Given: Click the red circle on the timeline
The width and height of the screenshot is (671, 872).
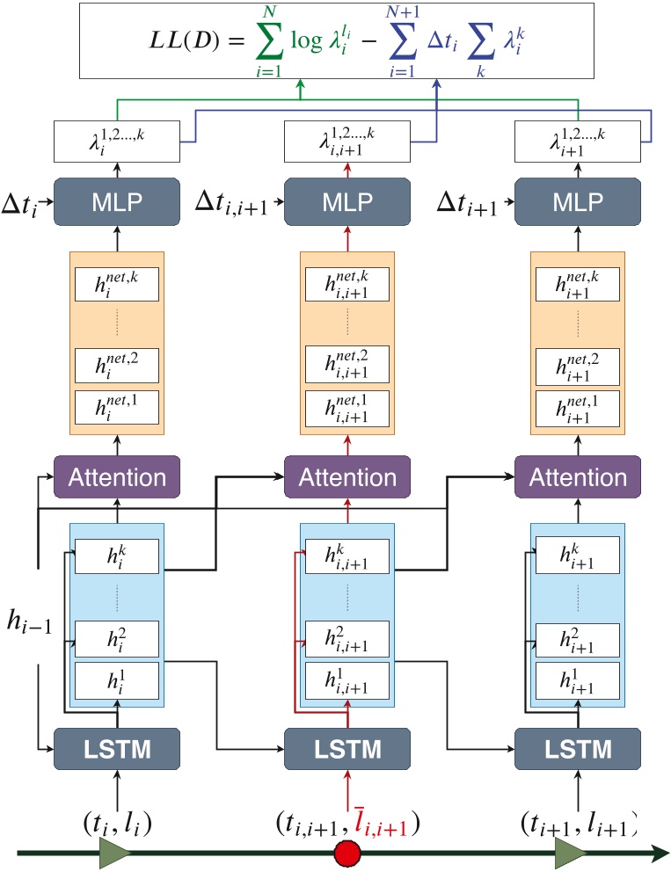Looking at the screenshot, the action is [x=347, y=853].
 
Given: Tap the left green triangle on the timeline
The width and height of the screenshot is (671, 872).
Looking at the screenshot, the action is [x=115, y=853].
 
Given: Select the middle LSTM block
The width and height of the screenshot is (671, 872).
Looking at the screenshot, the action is [x=347, y=749].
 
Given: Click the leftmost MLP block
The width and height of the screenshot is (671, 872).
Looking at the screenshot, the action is [x=117, y=201].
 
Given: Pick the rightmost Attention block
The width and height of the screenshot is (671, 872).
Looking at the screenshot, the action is [x=578, y=476].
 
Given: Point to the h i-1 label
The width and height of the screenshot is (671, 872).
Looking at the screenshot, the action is [x=30, y=621].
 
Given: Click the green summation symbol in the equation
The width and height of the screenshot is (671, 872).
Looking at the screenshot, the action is [x=269, y=40].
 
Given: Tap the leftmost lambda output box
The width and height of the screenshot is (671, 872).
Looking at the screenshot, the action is [x=117, y=142].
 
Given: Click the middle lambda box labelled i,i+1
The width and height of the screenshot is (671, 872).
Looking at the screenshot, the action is [x=347, y=142].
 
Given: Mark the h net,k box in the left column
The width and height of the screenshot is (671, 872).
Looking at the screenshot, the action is [x=117, y=284].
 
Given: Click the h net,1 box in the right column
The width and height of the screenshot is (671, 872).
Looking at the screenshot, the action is [x=578, y=409].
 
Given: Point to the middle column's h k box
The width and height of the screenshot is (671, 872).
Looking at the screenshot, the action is [x=347, y=556].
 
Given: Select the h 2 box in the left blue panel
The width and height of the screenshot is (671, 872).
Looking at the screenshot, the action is [x=117, y=639].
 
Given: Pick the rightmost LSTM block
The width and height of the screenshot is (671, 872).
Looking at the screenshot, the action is [x=578, y=749].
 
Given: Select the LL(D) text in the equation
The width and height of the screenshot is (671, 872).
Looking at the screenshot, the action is [x=184, y=40].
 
